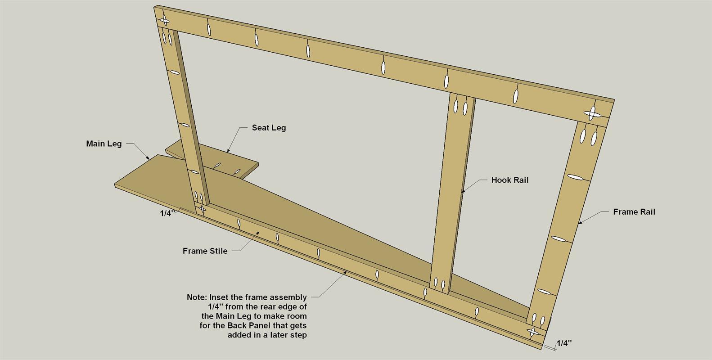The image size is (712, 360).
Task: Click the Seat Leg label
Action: click(x=269, y=128)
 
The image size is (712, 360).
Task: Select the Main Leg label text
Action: click(x=104, y=144)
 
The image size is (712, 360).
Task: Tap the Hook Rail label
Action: click(x=510, y=180)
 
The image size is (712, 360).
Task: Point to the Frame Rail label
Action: click(x=634, y=212)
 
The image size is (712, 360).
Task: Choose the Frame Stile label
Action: click(x=205, y=251)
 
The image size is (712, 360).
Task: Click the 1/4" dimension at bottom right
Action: click(x=564, y=343)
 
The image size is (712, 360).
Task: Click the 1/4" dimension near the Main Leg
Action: click(x=167, y=213)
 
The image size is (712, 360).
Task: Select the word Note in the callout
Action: click(x=197, y=297)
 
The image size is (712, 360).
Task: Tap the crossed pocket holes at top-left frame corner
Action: click(x=165, y=20)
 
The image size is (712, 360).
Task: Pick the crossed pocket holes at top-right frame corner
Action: click(x=593, y=114)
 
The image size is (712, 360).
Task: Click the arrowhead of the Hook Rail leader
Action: click(x=462, y=192)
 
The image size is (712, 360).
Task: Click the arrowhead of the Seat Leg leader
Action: click(x=227, y=151)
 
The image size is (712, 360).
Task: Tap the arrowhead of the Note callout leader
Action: click(x=345, y=271)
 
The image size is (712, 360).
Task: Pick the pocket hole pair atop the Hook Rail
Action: click(x=460, y=107)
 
